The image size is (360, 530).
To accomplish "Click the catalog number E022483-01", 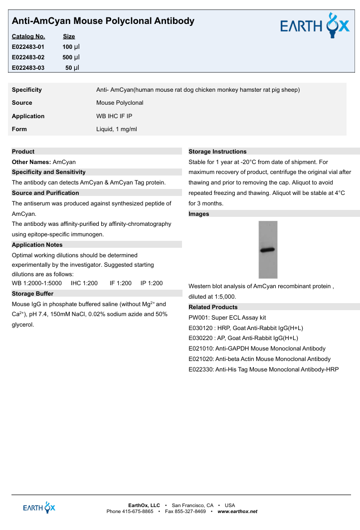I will click(x=28, y=46).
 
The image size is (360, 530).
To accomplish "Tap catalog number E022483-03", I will click(x=28, y=68).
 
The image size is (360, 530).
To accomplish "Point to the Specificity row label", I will click(x=27, y=90).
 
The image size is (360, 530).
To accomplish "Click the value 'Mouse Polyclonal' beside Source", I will click(x=120, y=103).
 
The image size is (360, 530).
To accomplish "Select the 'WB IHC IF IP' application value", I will click(x=114, y=116).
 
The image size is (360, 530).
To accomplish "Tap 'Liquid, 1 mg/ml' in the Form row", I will click(x=116, y=129).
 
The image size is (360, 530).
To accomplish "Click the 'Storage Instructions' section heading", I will click(x=217, y=152).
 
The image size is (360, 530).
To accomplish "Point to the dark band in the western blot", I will click(x=268, y=249).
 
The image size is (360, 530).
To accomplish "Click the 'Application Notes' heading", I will click(x=37, y=245).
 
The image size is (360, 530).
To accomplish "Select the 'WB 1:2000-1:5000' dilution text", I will click(x=37, y=283).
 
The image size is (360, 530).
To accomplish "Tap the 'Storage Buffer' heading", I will click(x=32, y=294).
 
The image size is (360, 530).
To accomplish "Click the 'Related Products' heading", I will click(x=213, y=307).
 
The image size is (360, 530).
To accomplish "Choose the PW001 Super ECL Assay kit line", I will click(x=227, y=318).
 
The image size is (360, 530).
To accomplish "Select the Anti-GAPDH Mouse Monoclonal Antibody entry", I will click(x=257, y=349).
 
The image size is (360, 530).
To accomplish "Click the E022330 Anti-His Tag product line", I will click(x=264, y=369).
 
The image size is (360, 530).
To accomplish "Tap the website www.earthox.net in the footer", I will click(x=237, y=512).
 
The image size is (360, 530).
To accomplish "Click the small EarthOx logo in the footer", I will click(x=39, y=508).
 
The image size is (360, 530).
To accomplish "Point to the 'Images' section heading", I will click(x=199, y=214).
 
